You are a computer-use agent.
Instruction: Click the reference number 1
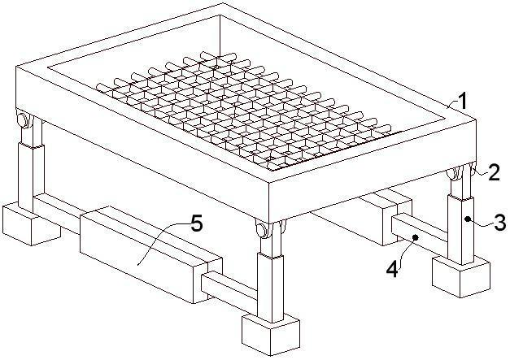click(463, 101)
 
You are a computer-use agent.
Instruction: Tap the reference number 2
click(494, 172)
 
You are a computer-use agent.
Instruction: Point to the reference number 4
click(393, 269)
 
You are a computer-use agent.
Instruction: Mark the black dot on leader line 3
click(468, 219)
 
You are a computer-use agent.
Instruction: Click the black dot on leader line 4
click(416, 237)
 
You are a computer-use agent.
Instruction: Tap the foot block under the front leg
click(271, 334)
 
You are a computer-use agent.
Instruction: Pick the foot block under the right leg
click(461, 275)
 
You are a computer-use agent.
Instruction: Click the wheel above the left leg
click(24, 119)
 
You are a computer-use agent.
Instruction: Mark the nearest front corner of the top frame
click(269, 182)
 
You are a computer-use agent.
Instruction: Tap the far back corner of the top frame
click(224, 3)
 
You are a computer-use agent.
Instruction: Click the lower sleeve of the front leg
click(270, 288)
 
